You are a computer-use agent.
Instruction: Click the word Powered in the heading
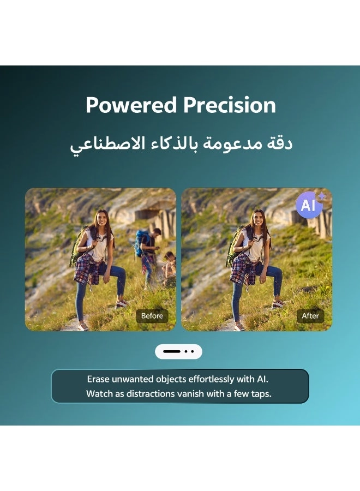tap(131, 105)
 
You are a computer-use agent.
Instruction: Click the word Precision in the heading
tap(230, 105)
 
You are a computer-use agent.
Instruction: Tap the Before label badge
tap(152, 316)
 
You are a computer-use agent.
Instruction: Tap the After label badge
tap(310, 316)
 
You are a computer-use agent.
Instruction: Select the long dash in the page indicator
tap(172, 351)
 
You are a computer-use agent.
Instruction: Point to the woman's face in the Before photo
tap(101, 219)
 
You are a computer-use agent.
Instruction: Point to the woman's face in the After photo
tap(257, 219)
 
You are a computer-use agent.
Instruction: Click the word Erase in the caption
tap(98, 379)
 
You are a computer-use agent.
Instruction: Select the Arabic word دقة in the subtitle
tap(280, 144)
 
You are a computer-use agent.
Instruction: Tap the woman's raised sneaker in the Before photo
tap(122, 303)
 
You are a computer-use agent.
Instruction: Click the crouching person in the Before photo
tap(169, 266)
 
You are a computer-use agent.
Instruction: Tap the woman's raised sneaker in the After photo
tap(278, 303)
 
